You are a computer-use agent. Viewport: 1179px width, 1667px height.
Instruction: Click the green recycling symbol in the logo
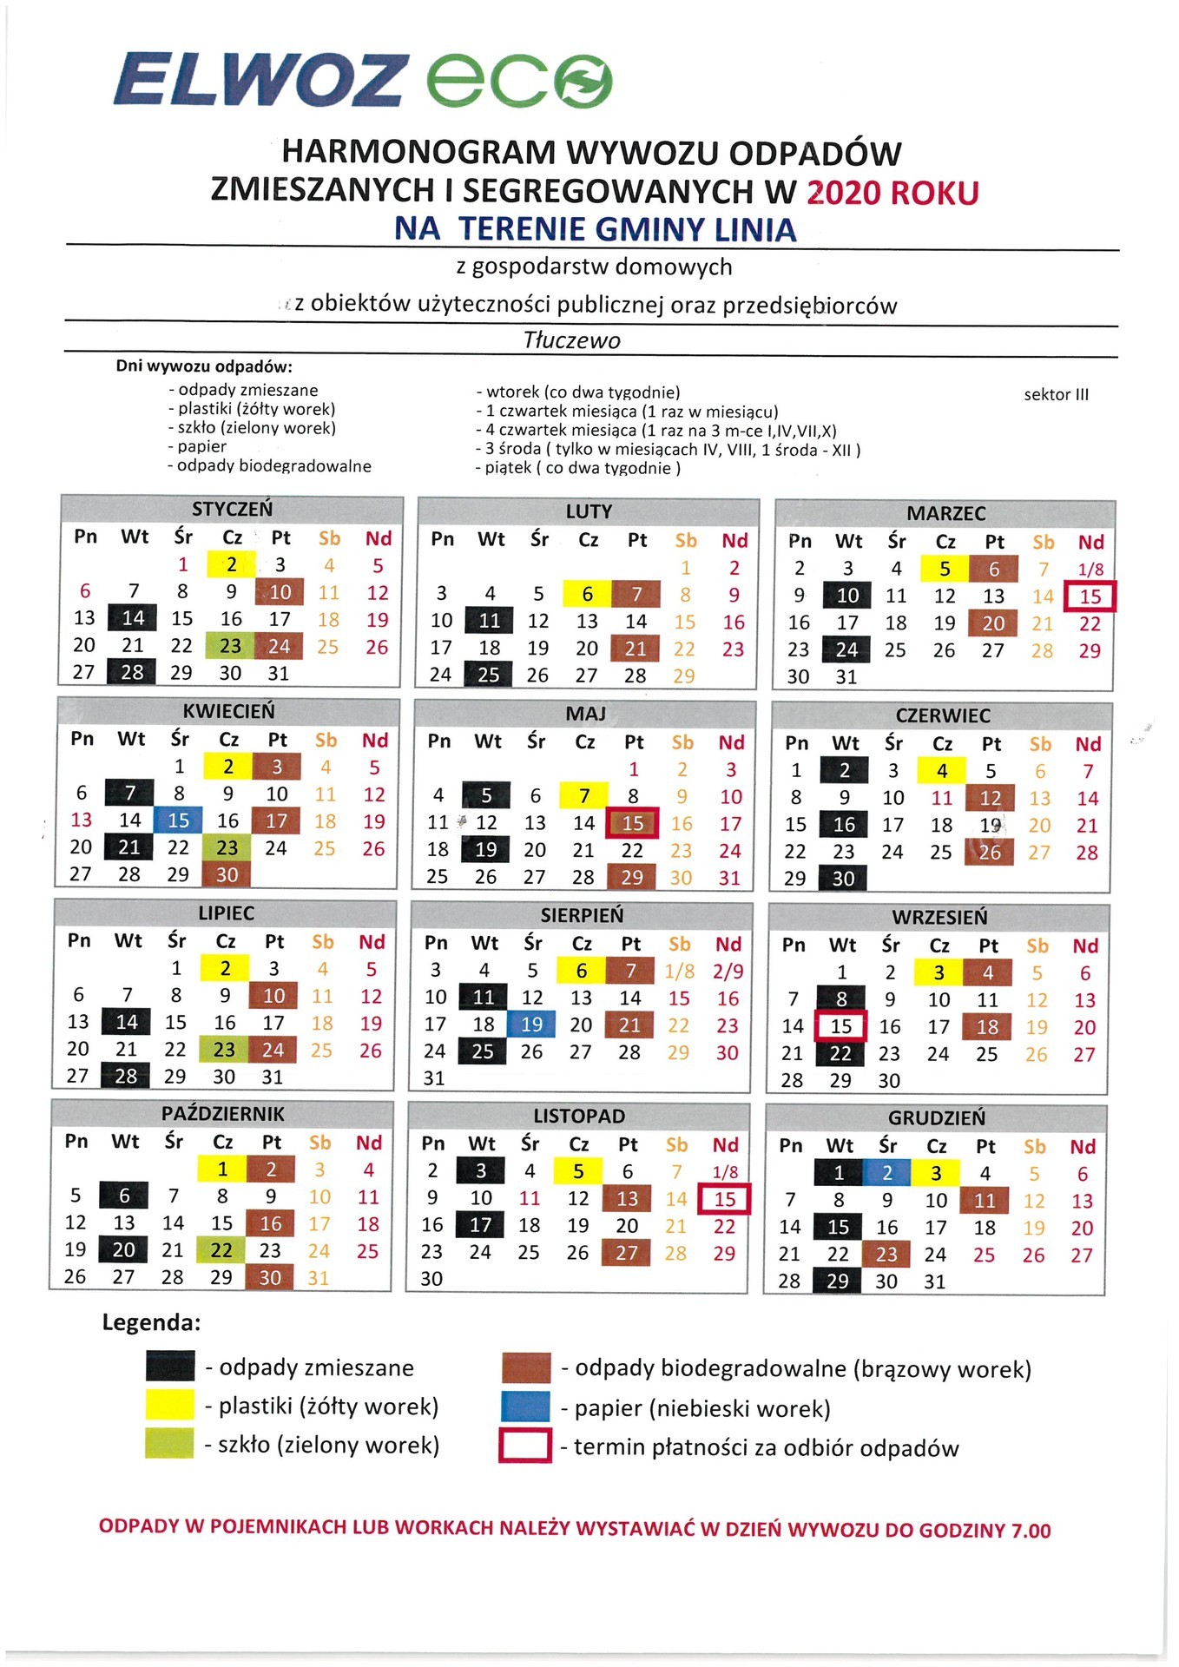click(584, 81)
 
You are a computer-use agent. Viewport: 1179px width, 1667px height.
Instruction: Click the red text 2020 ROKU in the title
click(892, 192)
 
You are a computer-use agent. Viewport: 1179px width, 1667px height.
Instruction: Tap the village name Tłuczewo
click(572, 340)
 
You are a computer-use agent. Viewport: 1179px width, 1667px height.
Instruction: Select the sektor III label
click(1056, 394)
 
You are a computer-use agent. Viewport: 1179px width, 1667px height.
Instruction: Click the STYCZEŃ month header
click(232, 509)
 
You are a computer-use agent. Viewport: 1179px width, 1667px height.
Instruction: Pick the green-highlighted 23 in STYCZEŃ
click(230, 646)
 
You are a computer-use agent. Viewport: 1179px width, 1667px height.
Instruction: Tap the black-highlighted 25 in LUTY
click(489, 675)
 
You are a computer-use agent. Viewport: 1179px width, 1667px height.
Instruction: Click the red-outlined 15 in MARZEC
click(1090, 596)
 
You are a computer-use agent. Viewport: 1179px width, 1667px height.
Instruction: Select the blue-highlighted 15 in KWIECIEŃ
click(179, 820)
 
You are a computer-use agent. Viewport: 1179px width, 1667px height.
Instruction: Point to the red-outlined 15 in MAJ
click(633, 823)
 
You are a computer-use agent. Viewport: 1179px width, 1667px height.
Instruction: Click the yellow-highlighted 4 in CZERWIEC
click(942, 770)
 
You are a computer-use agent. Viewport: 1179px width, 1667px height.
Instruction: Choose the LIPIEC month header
click(226, 913)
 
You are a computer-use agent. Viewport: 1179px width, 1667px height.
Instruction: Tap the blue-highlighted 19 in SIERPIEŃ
click(532, 1025)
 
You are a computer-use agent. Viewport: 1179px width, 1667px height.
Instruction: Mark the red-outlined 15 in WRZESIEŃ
click(841, 1026)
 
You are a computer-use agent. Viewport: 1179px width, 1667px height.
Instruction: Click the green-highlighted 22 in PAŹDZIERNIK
click(221, 1250)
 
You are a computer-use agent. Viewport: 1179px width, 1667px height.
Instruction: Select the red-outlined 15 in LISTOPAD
click(725, 1199)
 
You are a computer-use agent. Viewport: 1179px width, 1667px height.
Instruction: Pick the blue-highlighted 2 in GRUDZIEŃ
click(887, 1173)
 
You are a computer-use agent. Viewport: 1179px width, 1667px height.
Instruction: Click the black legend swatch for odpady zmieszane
click(170, 1367)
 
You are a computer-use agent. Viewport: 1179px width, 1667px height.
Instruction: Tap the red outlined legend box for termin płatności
click(525, 1445)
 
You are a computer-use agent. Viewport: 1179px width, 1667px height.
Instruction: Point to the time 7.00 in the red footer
click(1031, 1530)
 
